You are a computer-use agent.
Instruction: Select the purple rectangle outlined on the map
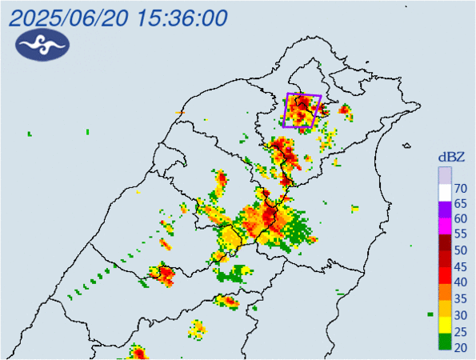click(x=303, y=110)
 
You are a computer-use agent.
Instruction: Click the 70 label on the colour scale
click(x=460, y=189)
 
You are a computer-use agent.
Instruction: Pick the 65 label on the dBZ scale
click(x=460, y=204)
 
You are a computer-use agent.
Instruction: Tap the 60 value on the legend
click(x=460, y=219)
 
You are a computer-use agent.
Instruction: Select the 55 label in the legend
click(x=460, y=235)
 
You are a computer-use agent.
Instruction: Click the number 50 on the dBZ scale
click(x=460, y=250)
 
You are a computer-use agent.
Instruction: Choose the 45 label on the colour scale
click(x=460, y=266)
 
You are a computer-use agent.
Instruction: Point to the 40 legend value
click(x=460, y=282)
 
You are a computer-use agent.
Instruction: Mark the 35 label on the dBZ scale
click(x=460, y=298)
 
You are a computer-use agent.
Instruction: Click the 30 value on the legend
click(x=460, y=314)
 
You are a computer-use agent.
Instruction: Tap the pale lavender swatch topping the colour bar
click(x=444, y=174)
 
